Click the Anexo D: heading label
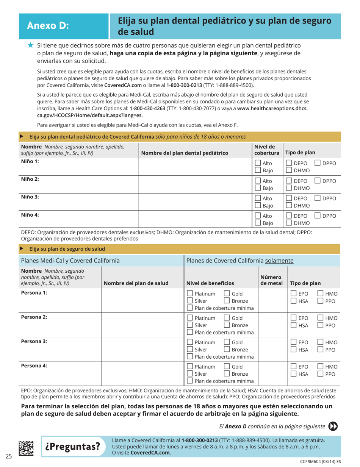coord(48,26)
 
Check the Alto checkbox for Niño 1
coord(257,163)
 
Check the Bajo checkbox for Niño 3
coord(257,206)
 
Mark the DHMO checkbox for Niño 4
coord(289,224)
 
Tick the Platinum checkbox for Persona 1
coord(190,294)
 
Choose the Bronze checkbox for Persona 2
coord(227,325)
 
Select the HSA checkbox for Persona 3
coord(294,349)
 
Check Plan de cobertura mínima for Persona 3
coord(190,356)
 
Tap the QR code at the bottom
coord(28,447)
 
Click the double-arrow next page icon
coord(333,426)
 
